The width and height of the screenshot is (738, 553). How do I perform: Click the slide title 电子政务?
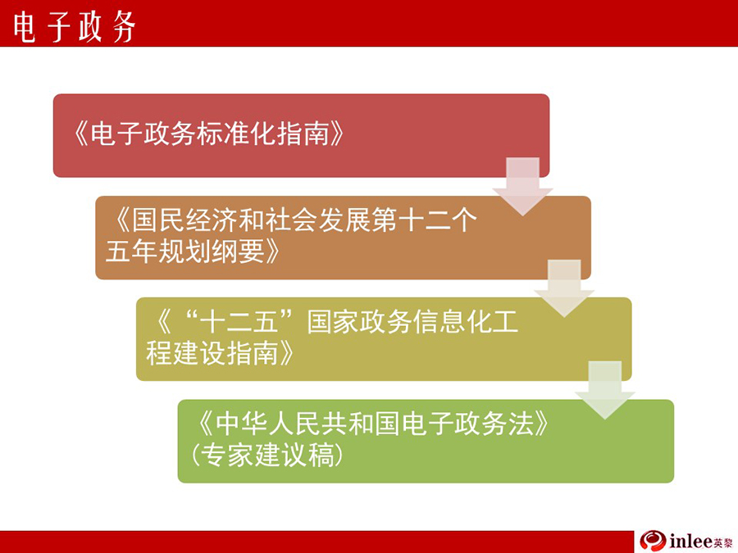pos(74,27)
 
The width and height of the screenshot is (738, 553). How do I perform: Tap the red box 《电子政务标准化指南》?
pos(301,135)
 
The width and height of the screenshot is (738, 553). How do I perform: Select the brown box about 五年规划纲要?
pos(343,238)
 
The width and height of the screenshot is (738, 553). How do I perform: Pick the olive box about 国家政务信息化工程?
pos(384,339)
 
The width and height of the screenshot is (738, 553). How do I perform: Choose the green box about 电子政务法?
pos(426,441)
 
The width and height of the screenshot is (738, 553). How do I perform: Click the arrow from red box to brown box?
pos(522,187)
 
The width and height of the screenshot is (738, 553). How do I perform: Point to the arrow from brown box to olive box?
pos(564,288)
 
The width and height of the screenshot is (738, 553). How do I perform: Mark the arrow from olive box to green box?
pos(605,390)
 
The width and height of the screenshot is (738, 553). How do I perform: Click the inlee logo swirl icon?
pos(653,541)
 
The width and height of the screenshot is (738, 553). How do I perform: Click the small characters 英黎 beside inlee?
pos(723,542)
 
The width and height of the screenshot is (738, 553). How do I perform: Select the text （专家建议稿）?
pos(266,456)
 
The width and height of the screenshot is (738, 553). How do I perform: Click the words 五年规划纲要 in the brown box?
pos(185,252)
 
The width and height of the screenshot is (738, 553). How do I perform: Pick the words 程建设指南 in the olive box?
pos(212,353)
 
